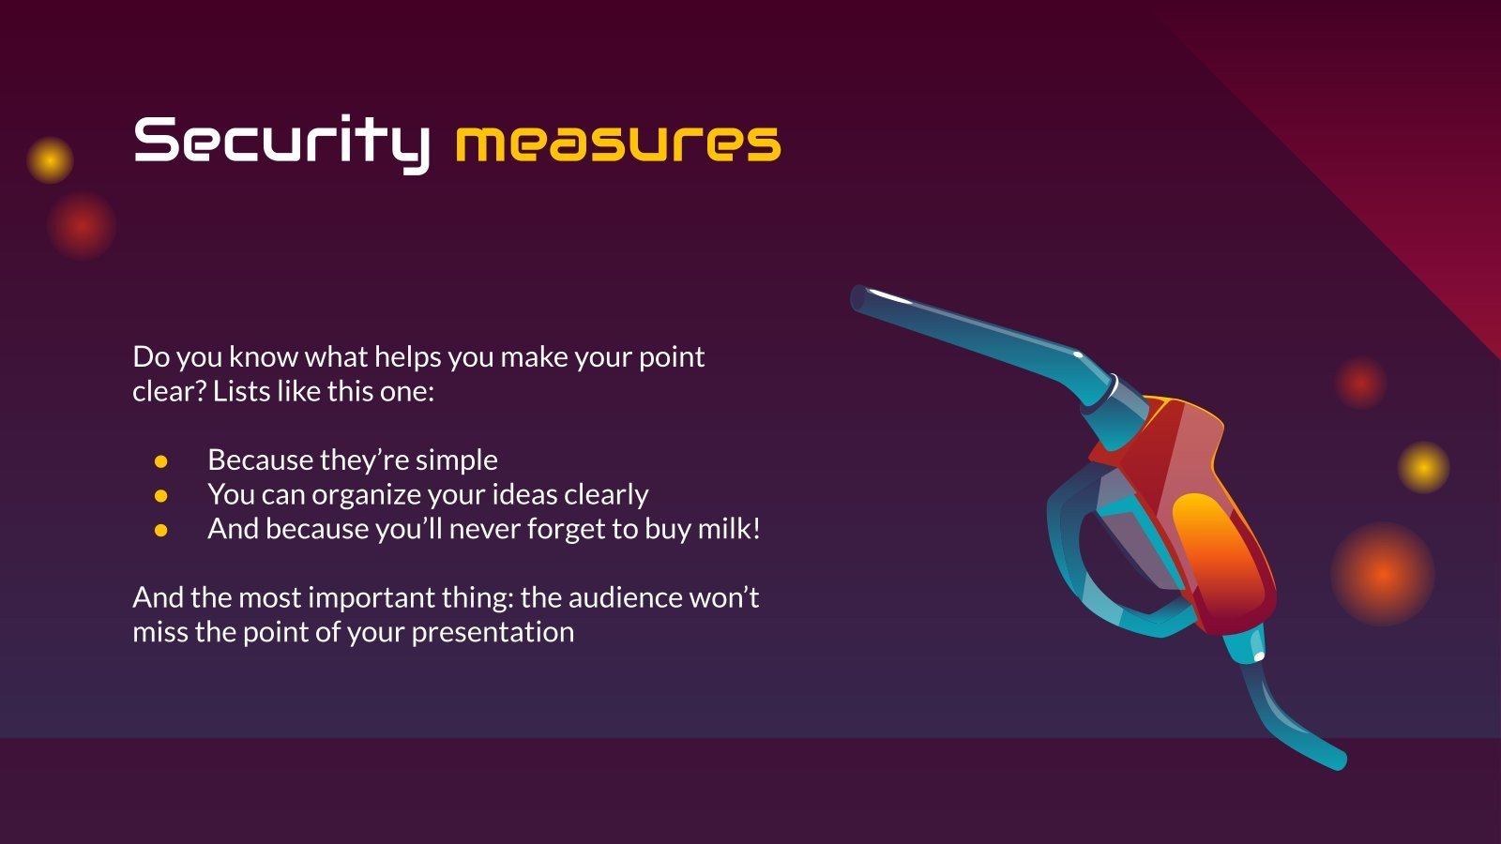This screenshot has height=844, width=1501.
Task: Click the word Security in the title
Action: tap(281, 143)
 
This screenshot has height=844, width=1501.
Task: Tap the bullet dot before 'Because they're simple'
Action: tap(160, 460)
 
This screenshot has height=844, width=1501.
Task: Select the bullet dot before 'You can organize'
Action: tap(160, 496)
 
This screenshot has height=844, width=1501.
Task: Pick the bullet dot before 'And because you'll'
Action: tap(160, 531)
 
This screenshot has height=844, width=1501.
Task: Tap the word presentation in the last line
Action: tap(493, 633)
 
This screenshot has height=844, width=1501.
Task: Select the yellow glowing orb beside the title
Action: tap(51, 160)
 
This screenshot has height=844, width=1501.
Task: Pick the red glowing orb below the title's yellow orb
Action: tap(82, 226)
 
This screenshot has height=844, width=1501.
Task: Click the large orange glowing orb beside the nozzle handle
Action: tap(1383, 574)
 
